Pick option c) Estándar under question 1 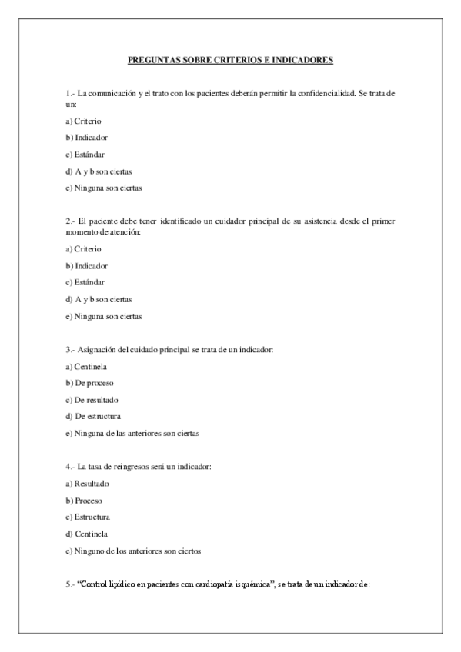click(x=85, y=154)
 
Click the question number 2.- click(x=70, y=221)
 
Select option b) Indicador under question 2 click(x=86, y=265)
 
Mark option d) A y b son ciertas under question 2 click(x=99, y=298)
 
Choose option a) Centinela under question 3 click(x=85, y=366)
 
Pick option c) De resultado click(x=91, y=400)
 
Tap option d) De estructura click(x=92, y=417)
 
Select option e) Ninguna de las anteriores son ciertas click(x=132, y=433)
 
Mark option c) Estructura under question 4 click(x=88, y=517)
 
